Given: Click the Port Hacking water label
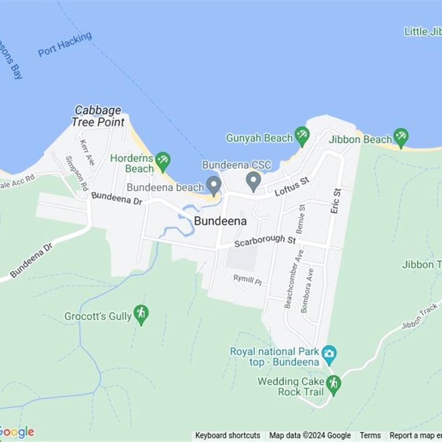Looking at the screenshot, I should pos(65,45).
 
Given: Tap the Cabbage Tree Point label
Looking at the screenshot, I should pos(98,117).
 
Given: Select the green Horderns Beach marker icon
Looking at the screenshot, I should pos(162,161).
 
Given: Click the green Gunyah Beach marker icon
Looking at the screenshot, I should pos(302,135).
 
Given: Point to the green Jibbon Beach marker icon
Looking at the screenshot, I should pos(401,137).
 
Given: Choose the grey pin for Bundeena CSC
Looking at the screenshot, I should pos(254,181).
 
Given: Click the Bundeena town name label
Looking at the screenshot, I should pos(220,220).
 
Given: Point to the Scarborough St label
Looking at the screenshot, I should pos(265,241).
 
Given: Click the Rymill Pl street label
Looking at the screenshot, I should pos(246,280).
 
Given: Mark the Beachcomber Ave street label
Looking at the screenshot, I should pos(294,278).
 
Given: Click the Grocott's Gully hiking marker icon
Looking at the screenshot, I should pos(141,314).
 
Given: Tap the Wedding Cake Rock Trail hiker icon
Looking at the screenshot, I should pos(333,384).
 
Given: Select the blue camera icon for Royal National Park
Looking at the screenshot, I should pos(329,352).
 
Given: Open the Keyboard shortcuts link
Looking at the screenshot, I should pos(228,435).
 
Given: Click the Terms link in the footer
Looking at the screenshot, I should pos(370,435).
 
